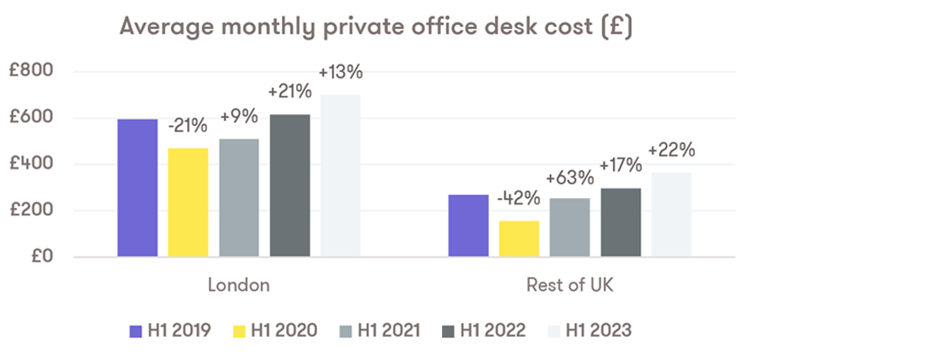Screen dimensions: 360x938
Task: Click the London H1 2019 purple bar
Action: point(138,187)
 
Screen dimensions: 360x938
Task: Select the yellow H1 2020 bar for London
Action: point(188,202)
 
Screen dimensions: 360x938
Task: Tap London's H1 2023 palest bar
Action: point(340,175)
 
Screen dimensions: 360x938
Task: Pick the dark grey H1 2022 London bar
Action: point(290,185)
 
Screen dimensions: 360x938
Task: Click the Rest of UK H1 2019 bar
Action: point(469,225)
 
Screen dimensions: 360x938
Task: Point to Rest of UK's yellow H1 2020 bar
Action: point(519,238)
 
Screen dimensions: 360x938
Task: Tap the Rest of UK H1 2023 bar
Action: point(672,214)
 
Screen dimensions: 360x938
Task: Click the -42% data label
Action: point(519,198)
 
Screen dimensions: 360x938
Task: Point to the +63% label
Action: point(570,176)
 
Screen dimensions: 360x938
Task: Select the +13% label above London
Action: point(340,73)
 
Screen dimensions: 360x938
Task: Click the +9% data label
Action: point(239,116)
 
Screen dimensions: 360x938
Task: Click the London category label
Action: point(239,285)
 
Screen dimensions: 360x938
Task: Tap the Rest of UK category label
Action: point(571,285)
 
